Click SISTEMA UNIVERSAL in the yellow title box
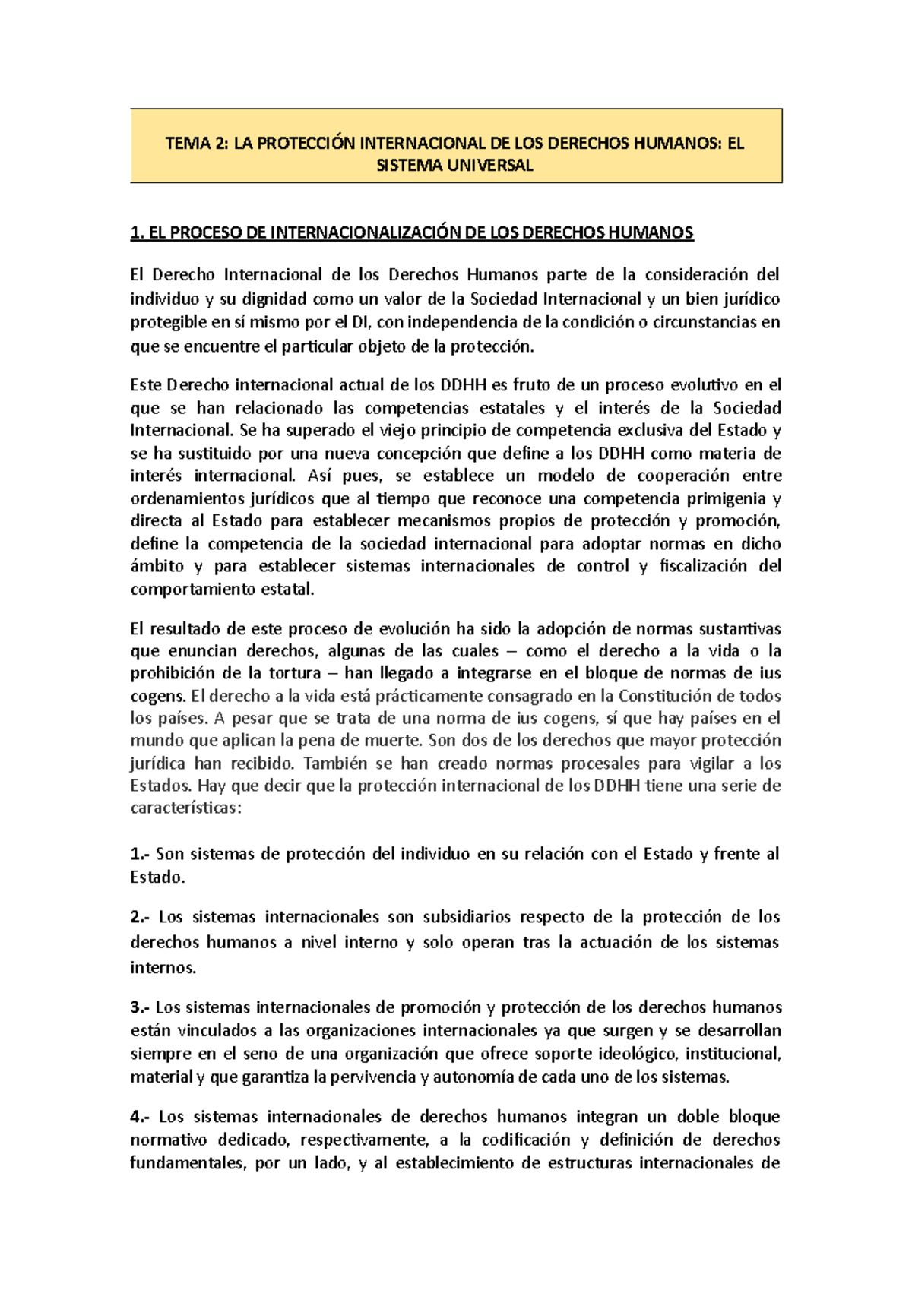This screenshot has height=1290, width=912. click(454, 165)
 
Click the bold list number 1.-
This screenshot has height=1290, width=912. click(141, 854)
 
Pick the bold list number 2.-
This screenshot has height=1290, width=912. click(141, 917)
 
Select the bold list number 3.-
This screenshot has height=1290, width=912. click(141, 1007)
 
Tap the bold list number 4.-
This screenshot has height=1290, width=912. click(141, 1117)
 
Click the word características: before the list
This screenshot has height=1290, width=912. click(185, 808)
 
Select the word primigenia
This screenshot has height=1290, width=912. click(726, 498)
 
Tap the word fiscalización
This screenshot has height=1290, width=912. click(703, 566)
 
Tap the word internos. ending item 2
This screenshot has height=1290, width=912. click(163, 967)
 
